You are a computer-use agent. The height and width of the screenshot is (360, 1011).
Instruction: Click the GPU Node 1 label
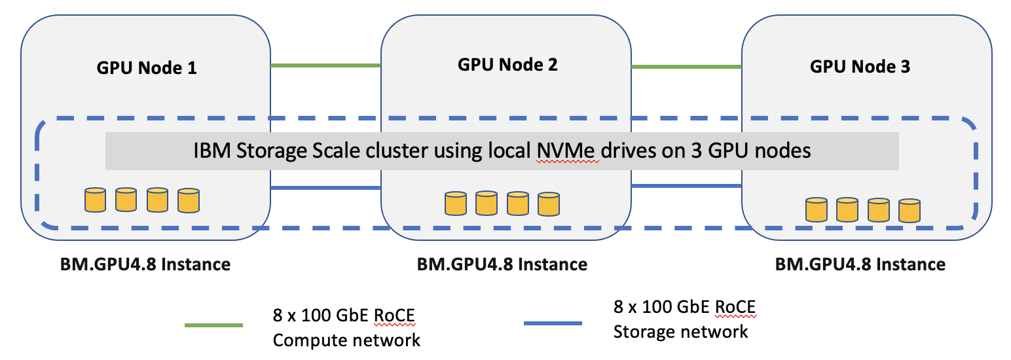[x=147, y=67]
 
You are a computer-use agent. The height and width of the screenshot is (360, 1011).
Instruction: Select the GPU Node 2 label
[x=507, y=64]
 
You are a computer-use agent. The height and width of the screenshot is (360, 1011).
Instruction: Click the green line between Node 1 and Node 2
[x=325, y=65]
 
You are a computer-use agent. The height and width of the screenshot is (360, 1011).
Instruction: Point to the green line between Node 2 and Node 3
[x=686, y=66]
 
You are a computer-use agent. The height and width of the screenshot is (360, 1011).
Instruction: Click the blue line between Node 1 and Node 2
[x=325, y=188]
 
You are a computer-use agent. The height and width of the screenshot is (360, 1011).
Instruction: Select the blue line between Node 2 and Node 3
[x=686, y=185]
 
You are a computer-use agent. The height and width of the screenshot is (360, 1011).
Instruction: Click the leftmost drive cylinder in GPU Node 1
[x=95, y=200]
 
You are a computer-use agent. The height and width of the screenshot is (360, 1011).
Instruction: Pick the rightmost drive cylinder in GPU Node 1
[x=188, y=200]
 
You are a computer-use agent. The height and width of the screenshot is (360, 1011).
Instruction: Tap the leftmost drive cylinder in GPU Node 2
[x=455, y=204]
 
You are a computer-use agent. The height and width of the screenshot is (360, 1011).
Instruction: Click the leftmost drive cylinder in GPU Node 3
[x=816, y=209]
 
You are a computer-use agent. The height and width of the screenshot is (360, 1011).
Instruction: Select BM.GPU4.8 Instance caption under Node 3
[x=860, y=264]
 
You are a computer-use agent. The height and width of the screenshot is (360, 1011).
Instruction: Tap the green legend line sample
[x=214, y=325]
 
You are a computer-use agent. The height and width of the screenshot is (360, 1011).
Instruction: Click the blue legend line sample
[x=553, y=323]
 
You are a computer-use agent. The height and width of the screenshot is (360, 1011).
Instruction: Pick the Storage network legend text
[x=680, y=331]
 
